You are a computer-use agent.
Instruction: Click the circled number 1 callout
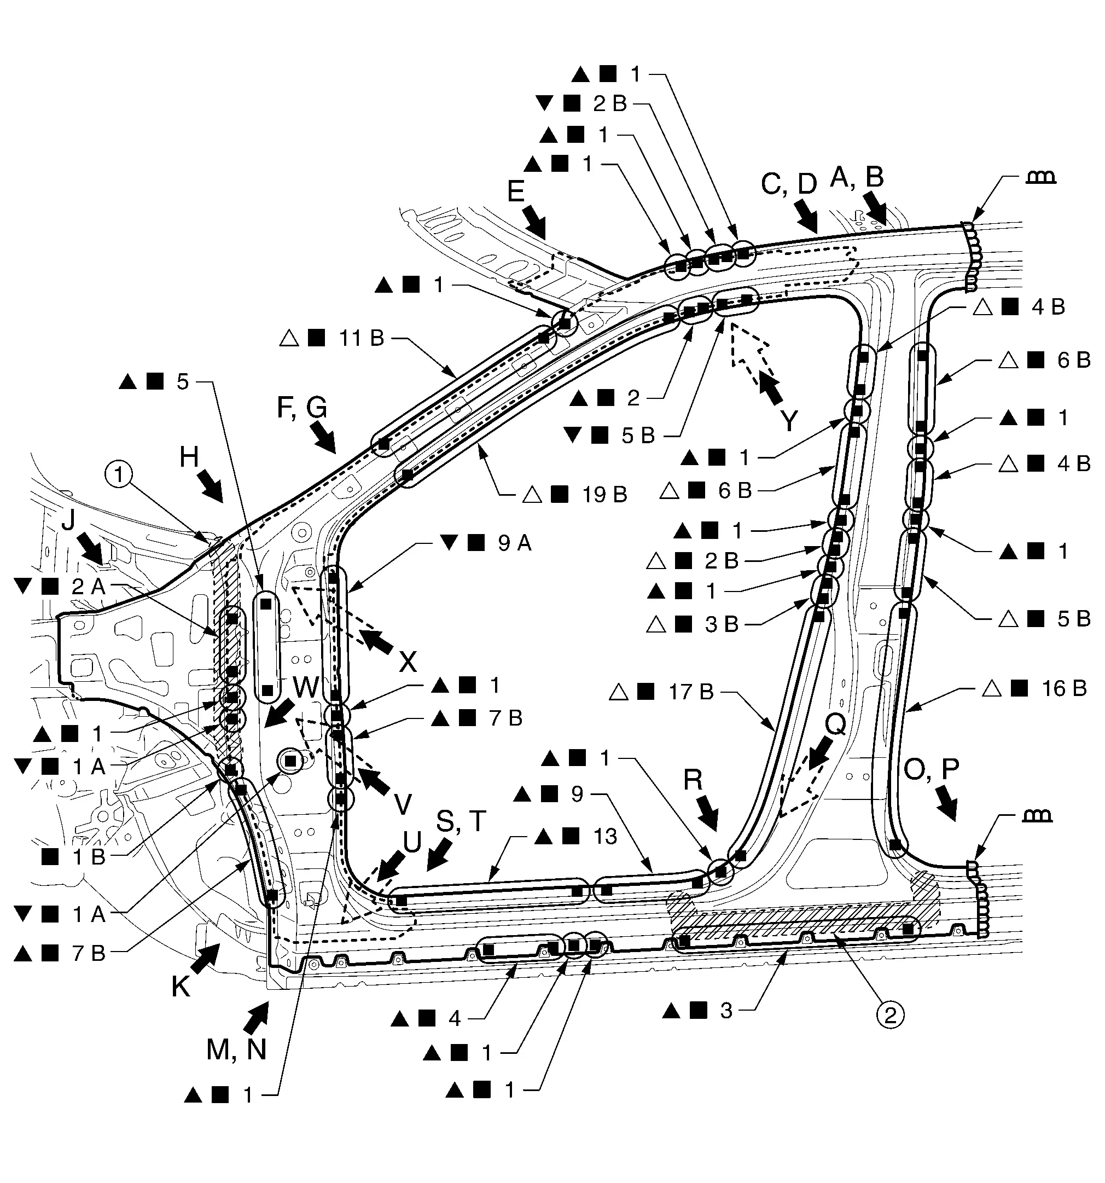point(120,475)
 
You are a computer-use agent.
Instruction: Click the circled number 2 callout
point(889,1014)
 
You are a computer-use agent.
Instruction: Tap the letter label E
point(515,192)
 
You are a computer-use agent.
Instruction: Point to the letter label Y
point(788,421)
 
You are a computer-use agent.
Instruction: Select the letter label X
point(408,661)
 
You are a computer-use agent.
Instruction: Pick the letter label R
point(693,780)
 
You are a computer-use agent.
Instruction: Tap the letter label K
point(181,986)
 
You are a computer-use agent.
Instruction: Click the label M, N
point(236,1050)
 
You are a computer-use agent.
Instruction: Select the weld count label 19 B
point(604,495)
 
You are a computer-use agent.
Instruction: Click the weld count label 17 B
point(691,692)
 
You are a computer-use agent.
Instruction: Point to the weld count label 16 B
point(1064,688)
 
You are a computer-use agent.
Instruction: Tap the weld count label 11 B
point(362,338)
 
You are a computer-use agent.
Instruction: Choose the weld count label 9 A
point(515,543)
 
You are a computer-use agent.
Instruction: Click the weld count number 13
point(605,837)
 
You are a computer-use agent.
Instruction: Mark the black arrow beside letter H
point(210,487)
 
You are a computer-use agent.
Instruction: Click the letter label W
point(306,688)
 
